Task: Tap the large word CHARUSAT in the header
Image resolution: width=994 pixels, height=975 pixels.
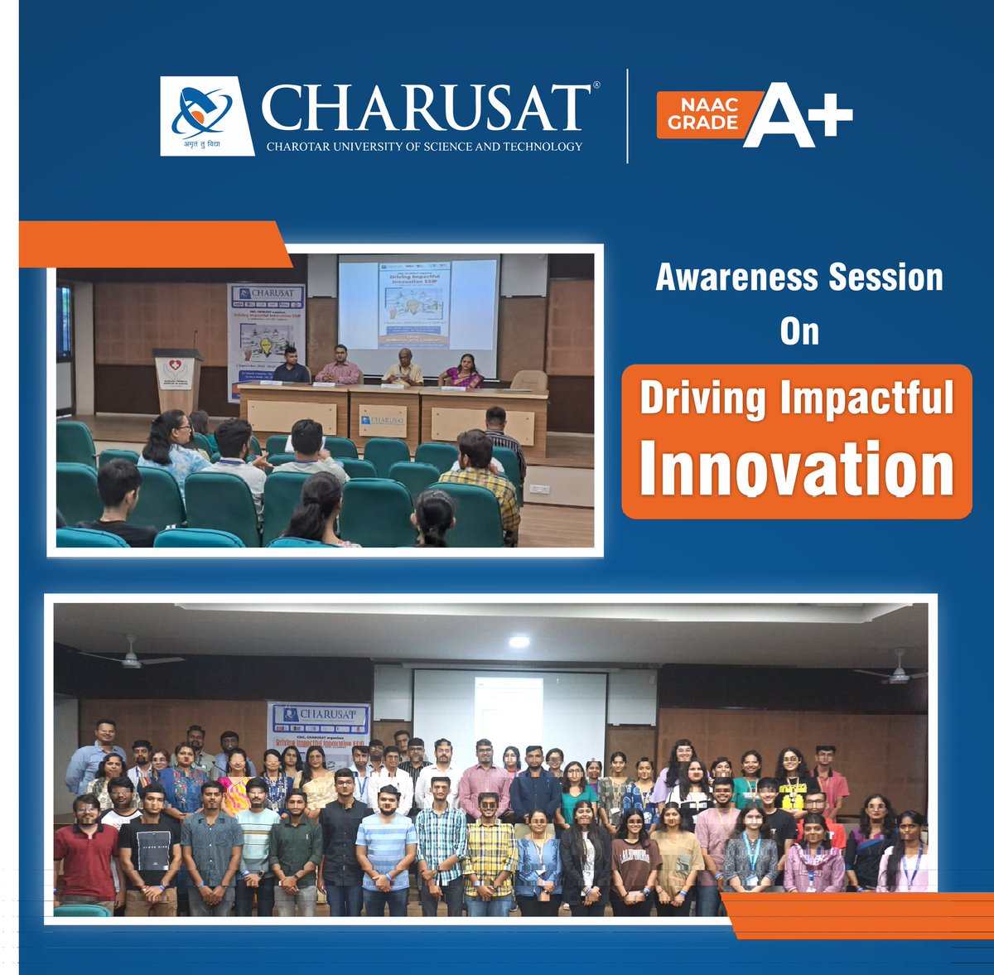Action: [426, 109]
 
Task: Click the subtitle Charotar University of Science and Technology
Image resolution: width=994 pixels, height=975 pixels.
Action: [424, 147]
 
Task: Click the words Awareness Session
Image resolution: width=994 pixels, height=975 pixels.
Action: [799, 278]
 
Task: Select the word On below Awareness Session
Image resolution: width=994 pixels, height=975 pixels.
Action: [799, 331]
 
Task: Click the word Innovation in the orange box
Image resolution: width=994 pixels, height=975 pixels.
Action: [797, 469]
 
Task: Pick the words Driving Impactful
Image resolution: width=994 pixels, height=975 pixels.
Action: [797, 398]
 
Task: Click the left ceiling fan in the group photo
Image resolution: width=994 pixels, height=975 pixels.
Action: [130, 657]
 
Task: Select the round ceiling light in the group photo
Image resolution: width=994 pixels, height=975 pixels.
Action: [519, 642]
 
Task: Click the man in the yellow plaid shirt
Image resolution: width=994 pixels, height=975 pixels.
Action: [489, 853]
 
